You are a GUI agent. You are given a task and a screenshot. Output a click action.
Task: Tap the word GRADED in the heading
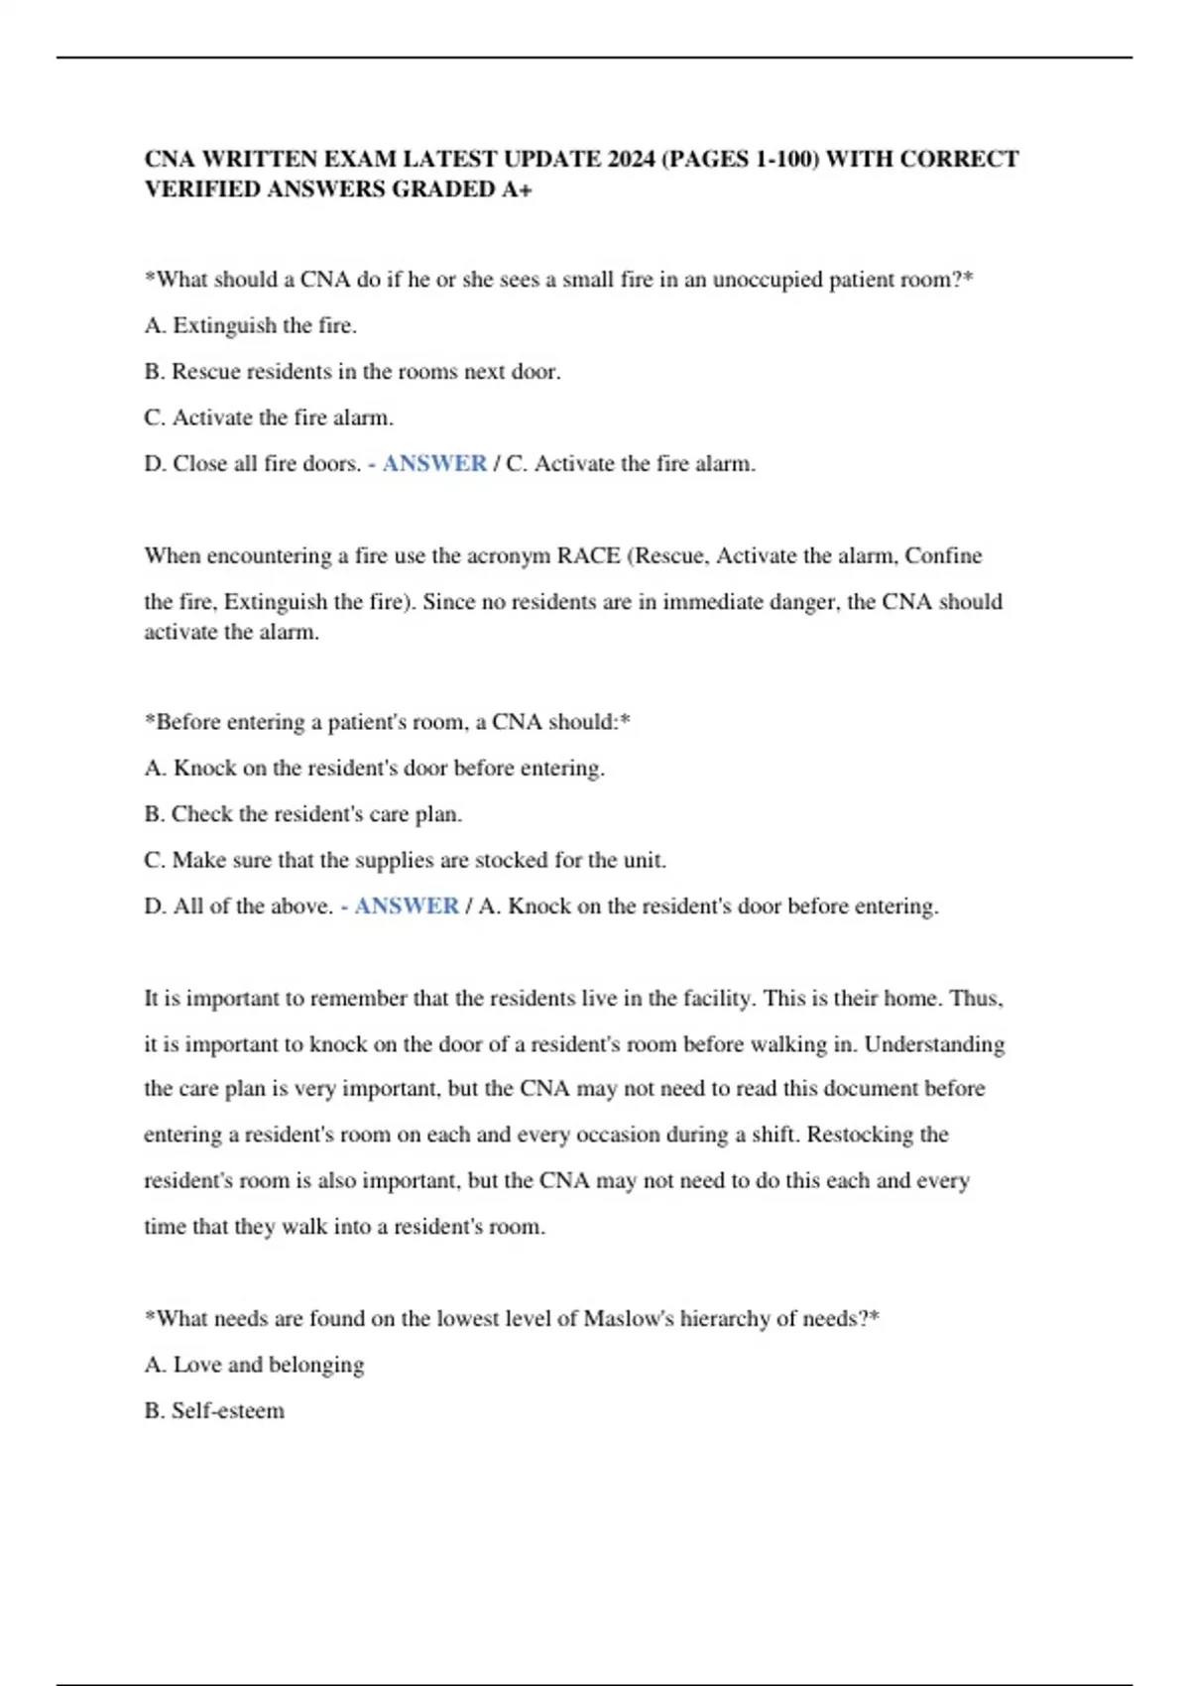coord(445,189)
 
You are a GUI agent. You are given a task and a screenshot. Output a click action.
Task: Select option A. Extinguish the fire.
coord(251,325)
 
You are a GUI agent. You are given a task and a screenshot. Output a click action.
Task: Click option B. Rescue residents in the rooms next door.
coord(352,372)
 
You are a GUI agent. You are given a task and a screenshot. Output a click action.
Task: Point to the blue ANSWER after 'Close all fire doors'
coord(433,463)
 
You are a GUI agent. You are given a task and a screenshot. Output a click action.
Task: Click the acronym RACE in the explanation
coord(588,555)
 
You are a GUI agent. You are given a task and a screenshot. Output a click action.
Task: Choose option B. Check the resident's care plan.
coord(302,814)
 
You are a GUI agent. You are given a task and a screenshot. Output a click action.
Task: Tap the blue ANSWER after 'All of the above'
coord(406,905)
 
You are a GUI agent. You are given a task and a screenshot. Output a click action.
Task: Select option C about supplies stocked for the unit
coord(405,860)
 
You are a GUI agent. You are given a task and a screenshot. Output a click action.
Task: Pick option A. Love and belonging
coord(254,1365)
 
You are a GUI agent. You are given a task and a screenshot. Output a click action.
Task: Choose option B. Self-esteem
coord(214,1410)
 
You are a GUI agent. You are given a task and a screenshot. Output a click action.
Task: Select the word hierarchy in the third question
coord(727,1319)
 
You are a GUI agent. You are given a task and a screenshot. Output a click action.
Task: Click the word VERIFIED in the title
coord(201,189)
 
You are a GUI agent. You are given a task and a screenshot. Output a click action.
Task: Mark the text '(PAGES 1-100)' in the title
coord(739,160)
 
